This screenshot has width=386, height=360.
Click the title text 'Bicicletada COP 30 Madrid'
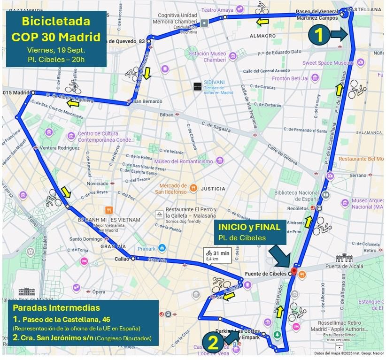pos(56,29)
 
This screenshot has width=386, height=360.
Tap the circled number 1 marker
pos(318,34)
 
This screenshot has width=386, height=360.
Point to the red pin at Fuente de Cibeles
pos(294,272)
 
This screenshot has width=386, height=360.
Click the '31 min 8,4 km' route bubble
pos(218,255)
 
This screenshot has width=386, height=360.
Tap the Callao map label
pos(121,258)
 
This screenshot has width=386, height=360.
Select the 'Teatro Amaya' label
pos(219,9)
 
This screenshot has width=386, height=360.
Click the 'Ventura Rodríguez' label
pos(60,147)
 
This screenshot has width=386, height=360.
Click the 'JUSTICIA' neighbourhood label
pos(213,189)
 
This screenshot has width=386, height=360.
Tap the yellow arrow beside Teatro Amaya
pos(262,22)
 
